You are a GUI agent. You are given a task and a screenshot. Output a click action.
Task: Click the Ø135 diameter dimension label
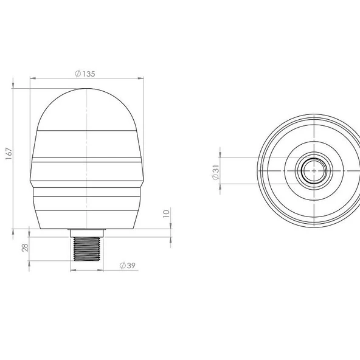pos(85,74)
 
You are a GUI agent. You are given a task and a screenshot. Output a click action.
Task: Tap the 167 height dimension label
pos(9,154)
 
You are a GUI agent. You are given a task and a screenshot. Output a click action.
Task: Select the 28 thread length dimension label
pos(25,247)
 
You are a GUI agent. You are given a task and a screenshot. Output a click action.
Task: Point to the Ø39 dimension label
pos(128,265)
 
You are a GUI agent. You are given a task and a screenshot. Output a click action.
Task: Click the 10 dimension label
pos(166,213)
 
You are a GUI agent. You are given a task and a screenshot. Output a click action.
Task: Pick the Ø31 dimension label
pos(216,172)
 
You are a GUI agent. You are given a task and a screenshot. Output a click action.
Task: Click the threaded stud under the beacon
pos(87,249)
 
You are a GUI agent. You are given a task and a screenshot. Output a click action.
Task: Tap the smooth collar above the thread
pos(87,233)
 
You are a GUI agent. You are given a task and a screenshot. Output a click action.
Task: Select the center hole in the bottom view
pos(314,171)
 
